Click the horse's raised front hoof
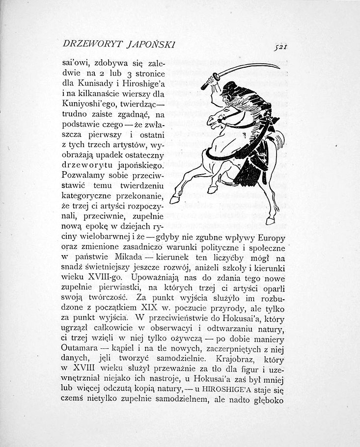(x=176, y=199)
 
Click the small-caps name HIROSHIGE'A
(x=235, y=391)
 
